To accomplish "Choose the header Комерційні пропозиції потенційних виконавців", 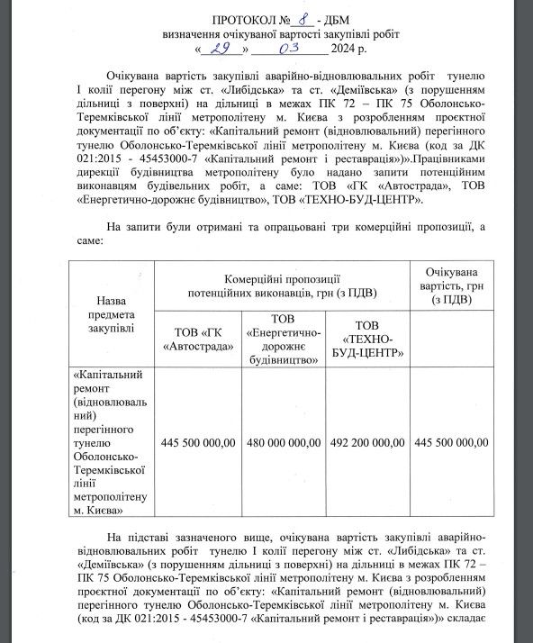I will [282, 285].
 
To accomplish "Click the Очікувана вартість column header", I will [450, 285].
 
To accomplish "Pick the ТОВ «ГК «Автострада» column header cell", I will [197, 338].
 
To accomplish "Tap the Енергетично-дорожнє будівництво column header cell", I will [282, 338].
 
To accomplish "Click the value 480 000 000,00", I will [282, 442].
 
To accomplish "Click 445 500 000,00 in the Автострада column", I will [197, 442].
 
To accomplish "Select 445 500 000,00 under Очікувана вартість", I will [450, 442].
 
